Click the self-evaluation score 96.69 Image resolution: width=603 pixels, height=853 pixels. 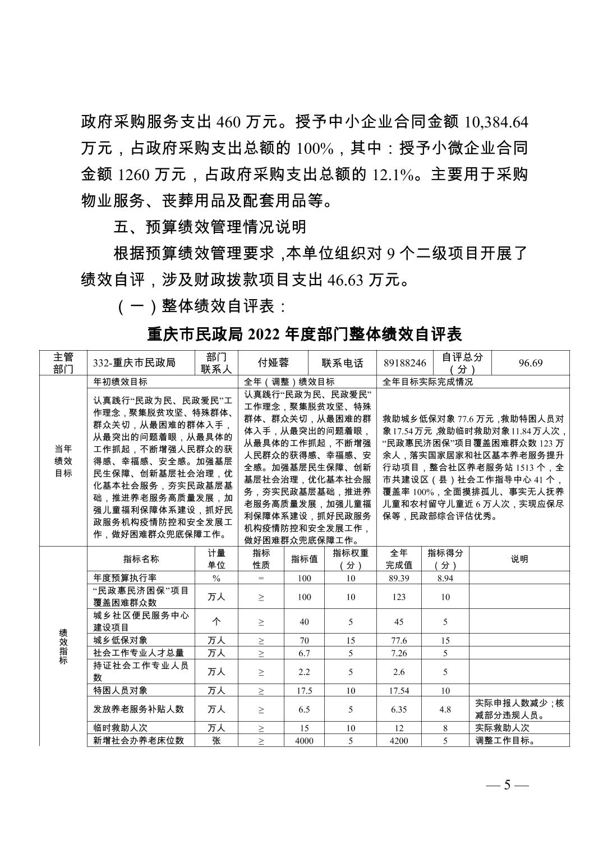(x=530, y=363)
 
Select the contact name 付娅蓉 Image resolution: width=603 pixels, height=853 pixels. (x=273, y=363)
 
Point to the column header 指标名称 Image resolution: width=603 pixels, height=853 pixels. (x=141, y=559)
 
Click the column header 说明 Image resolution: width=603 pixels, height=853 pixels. (x=519, y=559)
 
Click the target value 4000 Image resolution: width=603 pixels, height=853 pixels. (x=304, y=741)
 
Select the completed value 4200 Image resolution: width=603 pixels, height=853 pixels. (x=399, y=741)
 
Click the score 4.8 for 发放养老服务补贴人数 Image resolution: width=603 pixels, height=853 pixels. (x=445, y=709)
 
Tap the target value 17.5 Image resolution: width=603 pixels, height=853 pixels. (x=304, y=691)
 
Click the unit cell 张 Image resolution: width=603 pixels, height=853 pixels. (x=216, y=741)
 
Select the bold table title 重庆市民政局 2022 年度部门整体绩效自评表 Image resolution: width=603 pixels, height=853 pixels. (x=304, y=334)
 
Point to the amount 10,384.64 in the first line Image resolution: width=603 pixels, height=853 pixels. (x=494, y=122)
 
